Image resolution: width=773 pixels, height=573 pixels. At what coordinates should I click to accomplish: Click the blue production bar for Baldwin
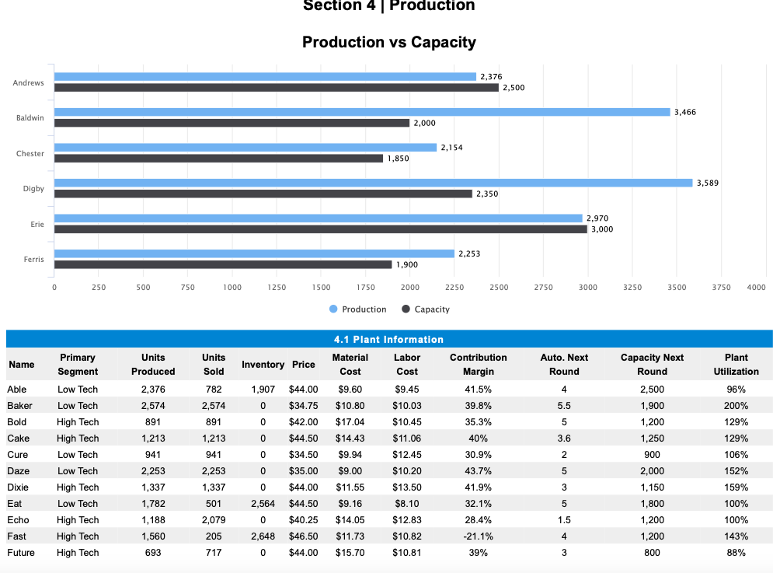click(x=361, y=112)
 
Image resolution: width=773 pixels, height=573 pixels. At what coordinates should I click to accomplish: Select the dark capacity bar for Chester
click(x=218, y=159)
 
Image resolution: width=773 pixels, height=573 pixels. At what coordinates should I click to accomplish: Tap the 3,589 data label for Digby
click(x=708, y=183)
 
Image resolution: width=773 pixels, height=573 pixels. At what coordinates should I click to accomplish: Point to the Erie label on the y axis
click(x=37, y=224)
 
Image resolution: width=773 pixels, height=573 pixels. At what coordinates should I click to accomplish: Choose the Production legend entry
click(x=357, y=309)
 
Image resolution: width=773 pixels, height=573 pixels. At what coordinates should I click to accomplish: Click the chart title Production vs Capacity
click(x=388, y=42)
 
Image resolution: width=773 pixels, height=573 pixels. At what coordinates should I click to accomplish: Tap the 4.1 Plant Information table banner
click(x=388, y=339)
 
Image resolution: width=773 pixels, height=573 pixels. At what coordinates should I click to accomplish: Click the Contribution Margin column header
click(x=478, y=364)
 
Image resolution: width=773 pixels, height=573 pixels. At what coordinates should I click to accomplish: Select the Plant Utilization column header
click(x=735, y=364)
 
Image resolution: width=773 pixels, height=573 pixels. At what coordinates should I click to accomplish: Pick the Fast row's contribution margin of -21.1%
click(x=478, y=536)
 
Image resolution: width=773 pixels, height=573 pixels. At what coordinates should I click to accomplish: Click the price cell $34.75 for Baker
click(x=303, y=406)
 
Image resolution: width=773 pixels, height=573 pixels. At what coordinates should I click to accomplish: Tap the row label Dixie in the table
click(x=18, y=487)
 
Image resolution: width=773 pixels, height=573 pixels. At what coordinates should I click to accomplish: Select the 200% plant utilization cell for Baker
click(x=735, y=406)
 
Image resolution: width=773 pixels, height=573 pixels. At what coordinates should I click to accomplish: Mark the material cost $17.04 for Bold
click(x=350, y=422)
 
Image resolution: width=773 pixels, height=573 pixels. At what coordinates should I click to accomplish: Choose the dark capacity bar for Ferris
click(x=222, y=264)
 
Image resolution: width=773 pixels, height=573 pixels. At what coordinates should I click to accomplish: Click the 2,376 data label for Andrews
click(x=491, y=76)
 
